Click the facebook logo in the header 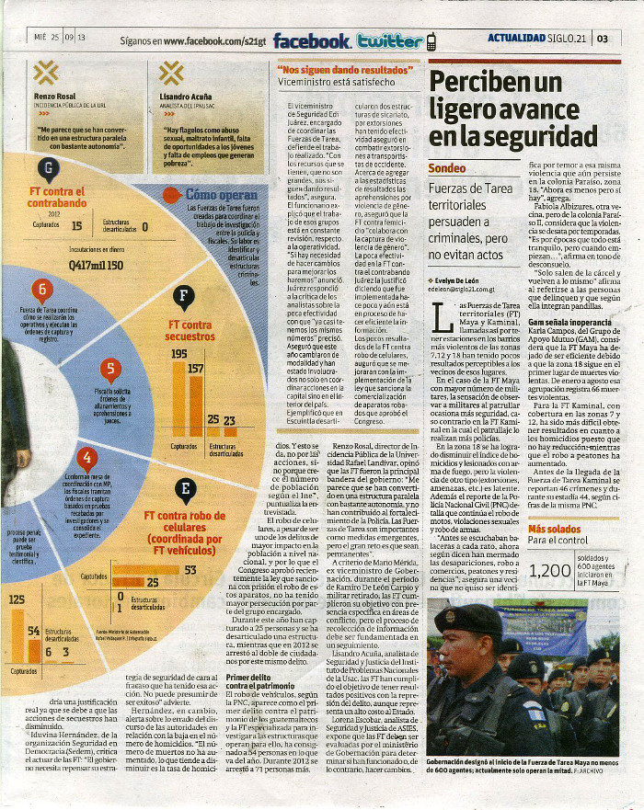(312, 40)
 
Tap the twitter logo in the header (391, 40)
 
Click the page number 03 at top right (603, 39)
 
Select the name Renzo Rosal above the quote (53, 96)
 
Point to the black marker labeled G (48, 168)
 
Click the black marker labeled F (184, 296)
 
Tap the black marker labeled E (185, 490)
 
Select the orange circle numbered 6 (42, 291)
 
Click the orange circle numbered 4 (86, 457)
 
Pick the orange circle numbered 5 (110, 370)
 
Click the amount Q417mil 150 (96, 264)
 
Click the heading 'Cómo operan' (221, 195)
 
